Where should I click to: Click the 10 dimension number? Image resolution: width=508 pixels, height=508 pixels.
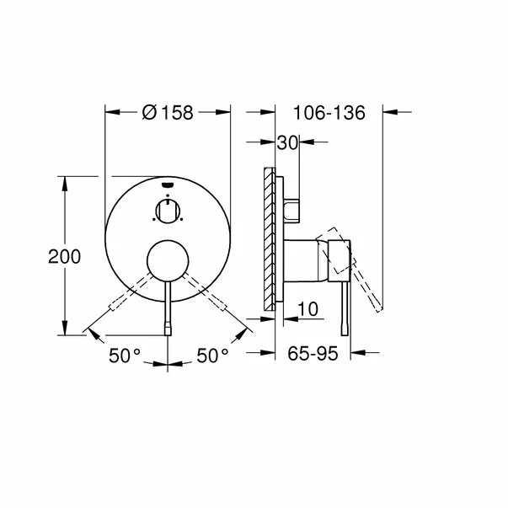pos(308,310)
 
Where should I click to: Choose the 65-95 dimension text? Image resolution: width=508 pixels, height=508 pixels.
pos(313,355)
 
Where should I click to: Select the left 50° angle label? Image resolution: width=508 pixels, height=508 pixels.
pos(125,356)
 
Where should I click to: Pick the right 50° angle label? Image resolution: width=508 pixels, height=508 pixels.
pos(212,356)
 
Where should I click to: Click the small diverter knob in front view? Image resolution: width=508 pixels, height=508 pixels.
pos(168,211)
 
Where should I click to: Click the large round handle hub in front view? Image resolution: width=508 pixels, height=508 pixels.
pos(168,260)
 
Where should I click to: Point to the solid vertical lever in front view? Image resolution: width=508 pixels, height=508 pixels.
pos(168,307)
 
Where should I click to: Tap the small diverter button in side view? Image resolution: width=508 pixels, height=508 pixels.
pos(291,211)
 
